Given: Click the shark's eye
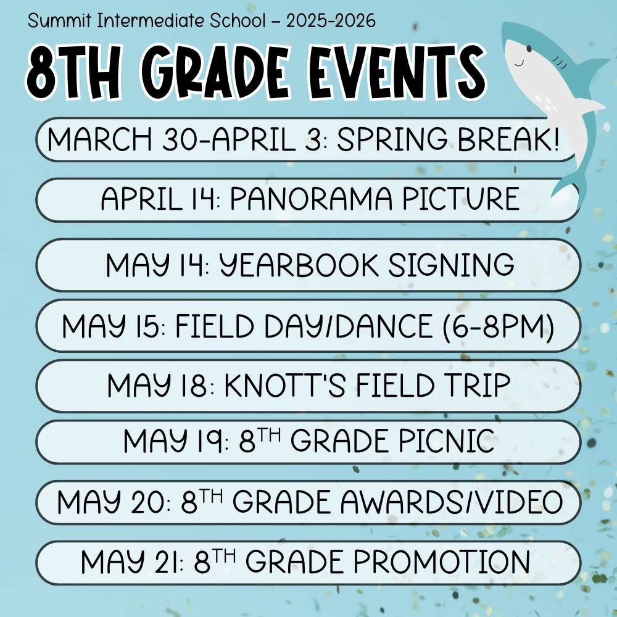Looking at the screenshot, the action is coord(529,48).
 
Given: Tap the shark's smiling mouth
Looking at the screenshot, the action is coord(519,63).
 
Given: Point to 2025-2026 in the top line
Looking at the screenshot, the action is coord(331,21).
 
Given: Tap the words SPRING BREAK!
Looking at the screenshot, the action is coord(448,139).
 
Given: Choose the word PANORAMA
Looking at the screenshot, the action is coord(311,198).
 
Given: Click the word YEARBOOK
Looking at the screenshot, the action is coord(299,265).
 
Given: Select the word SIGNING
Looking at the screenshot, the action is coord(451,265).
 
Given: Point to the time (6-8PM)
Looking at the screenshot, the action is coord(498,326).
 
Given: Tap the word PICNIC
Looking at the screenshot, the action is coord(447,441).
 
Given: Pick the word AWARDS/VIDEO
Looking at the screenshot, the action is coord(452,502).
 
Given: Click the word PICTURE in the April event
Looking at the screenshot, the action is coord(460,198).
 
